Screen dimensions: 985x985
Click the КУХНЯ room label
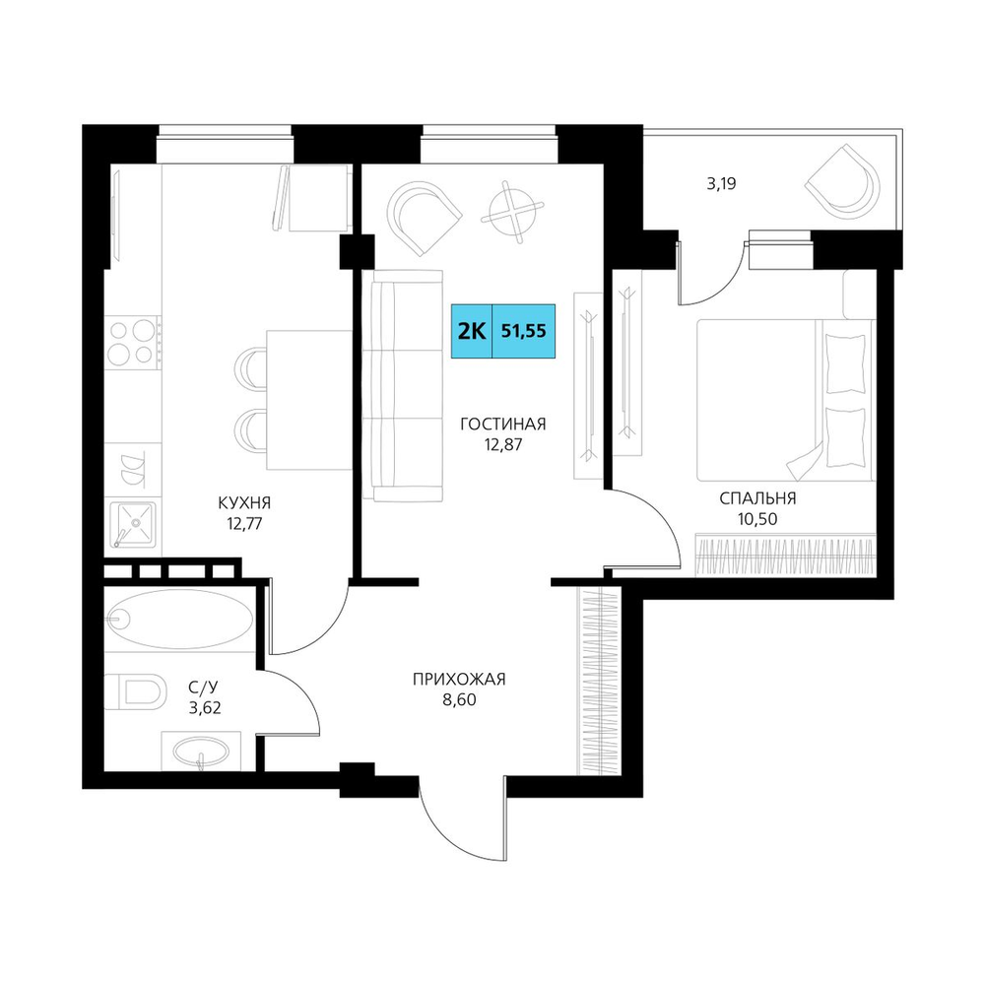244,502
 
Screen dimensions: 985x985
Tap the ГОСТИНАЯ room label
503,424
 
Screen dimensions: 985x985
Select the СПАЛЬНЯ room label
757,498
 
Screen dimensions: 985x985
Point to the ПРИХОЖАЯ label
459,679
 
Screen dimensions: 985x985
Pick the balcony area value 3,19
721,184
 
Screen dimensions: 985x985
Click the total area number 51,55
523,331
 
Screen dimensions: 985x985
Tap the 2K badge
472,331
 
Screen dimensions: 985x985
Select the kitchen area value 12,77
244,523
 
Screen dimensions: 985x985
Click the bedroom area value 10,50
757,519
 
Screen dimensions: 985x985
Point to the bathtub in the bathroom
179,619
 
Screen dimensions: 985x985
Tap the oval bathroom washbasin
200,751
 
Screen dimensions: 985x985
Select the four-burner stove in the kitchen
132,343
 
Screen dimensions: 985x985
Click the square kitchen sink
133,524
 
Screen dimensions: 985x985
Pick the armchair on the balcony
845,181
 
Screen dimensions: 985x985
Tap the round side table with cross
514,211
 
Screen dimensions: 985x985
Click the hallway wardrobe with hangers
598,681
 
